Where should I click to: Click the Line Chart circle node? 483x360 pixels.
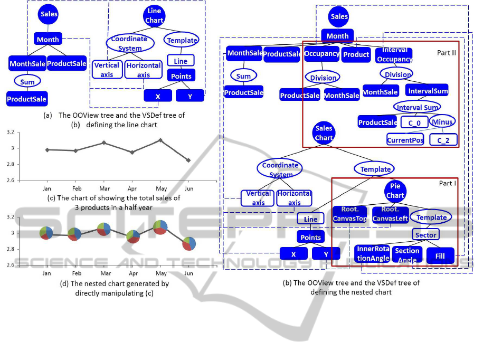(154, 16)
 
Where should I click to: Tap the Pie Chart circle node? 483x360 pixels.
(395, 191)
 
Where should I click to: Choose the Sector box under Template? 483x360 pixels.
(426, 235)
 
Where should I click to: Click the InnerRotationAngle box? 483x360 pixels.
(372, 254)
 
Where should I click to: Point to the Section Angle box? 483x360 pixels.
(407, 254)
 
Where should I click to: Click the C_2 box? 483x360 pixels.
(443, 140)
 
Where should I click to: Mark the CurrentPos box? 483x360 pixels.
(405, 140)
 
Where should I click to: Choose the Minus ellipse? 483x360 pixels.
(442, 122)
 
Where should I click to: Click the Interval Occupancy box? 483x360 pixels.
(394, 55)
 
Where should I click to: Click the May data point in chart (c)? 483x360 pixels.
(160, 140)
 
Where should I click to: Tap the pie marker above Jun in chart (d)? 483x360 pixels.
(189, 244)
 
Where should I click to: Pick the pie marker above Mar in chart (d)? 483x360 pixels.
(103, 229)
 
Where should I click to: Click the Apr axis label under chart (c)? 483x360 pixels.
(132, 187)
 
